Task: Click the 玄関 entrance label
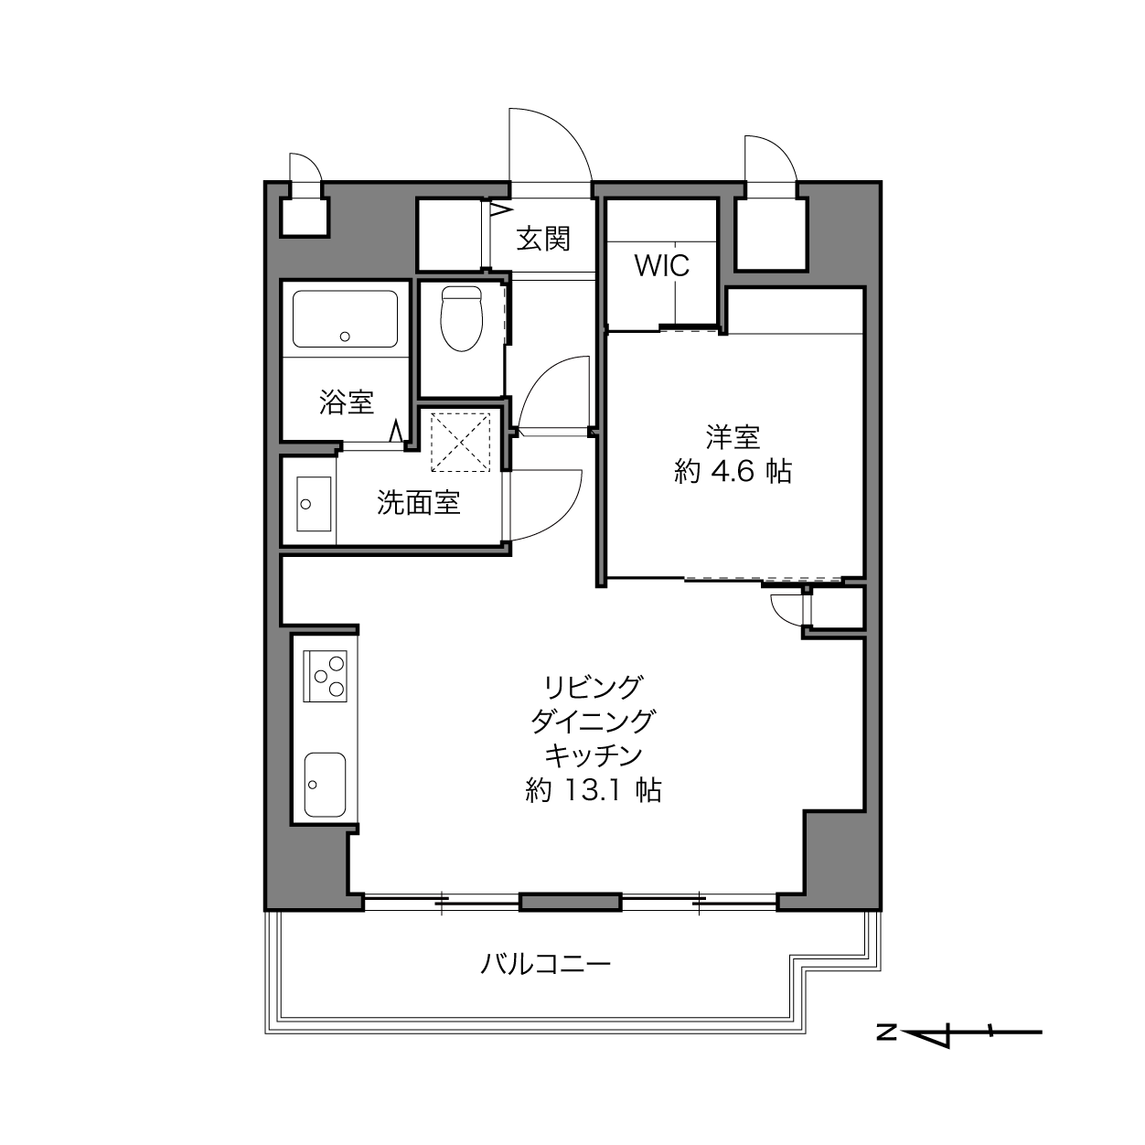point(542,239)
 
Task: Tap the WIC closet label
point(662,265)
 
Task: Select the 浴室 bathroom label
point(347,401)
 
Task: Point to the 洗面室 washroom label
point(418,503)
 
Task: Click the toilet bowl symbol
point(461,318)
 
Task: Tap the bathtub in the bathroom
point(345,318)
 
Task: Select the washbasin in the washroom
point(314,504)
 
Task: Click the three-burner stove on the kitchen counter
point(325,676)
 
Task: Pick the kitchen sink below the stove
point(325,785)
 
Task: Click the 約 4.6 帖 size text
point(733,472)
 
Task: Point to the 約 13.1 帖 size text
point(593,790)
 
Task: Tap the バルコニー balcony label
point(545,964)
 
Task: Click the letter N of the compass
point(886,1033)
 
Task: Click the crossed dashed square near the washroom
point(461,442)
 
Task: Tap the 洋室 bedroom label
point(733,437)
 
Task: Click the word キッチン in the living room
point(593,755)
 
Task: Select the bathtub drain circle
point(345,337)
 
